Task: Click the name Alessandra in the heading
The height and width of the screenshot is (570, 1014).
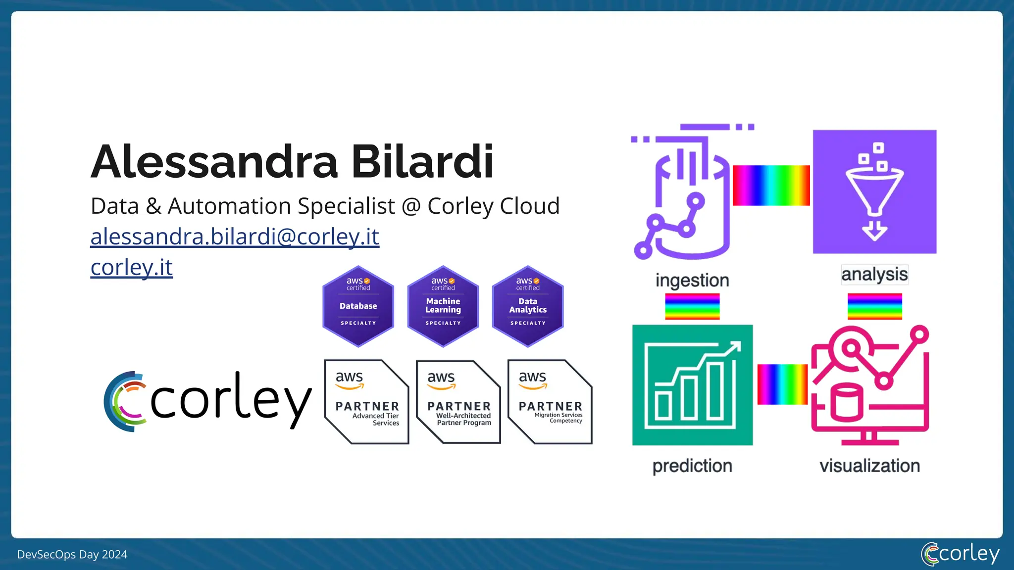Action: [214, 162]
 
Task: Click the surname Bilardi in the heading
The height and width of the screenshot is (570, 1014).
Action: [422, 162]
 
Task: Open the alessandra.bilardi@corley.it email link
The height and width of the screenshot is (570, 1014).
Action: [235, 237]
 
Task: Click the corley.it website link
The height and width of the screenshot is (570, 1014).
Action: [132, 267]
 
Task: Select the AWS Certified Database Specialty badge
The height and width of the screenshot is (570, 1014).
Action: [358, 306]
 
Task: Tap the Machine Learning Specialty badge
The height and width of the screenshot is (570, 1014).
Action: [443, 306]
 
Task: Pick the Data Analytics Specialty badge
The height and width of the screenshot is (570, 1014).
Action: [528, 306]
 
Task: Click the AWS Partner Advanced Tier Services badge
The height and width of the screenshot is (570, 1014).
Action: [366, 402]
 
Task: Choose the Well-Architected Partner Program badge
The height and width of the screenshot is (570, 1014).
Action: [458, 402]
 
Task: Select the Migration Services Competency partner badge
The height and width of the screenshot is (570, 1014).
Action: [550, 402]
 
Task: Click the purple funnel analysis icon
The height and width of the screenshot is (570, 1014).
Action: [874, 191]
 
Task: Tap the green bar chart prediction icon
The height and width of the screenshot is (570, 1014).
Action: [692, 385]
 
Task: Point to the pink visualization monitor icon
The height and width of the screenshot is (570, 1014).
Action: [870, 385]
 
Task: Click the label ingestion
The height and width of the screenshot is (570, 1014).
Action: [692, 280]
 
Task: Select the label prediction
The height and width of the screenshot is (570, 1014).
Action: [692, 466]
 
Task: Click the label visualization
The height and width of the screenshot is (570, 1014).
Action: [869, 466]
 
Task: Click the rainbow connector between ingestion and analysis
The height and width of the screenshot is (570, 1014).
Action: [771, 186]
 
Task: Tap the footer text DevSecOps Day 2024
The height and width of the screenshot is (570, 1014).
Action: [72, 555]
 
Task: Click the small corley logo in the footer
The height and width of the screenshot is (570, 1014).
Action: [960, 554]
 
